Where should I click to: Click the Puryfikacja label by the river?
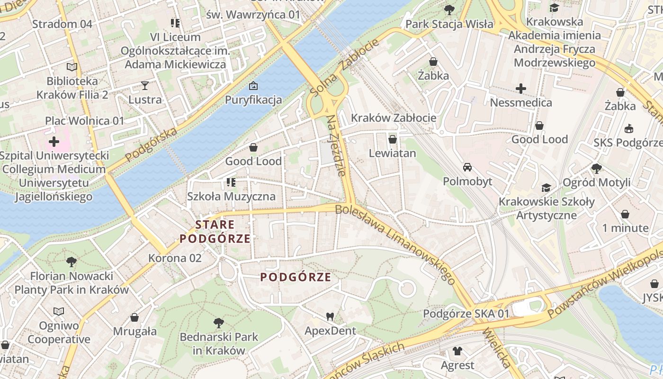pyautogui.click(x=253, y=100)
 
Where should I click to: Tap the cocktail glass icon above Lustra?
pyautogui.click(x=145, y=85)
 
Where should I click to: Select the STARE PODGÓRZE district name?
pyautogui.click(x=215, y=232)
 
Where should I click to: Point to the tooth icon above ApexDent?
pyautogui.click(x=330, y=316)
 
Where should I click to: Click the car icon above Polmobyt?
pyautogui.click(x=467, y=167)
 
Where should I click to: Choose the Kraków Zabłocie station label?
pyautogui.click(x=394, y=118)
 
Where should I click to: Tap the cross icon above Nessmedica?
pyautogui.click(x=521, y=89)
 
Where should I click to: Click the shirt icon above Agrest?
pyautogui.click(x=457, y=351)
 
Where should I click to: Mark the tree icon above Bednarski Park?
pyautogui.click(x=219, y=323)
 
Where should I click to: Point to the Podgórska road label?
pyautogui.click(x=152, y=144)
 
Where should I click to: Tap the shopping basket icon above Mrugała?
pyautogui.click(x=134, y=317)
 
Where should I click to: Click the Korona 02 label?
pyautogui.click(x=175, y=258)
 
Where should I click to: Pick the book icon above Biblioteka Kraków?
pyautogui.click(x=72, y=67)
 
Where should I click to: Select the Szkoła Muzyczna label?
pyautogui.click(x=231, y=196)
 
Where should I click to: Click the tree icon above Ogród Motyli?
pyautogui.click(x=596, y=168)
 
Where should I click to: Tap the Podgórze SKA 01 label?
pyautogui.click(x=466, y=314)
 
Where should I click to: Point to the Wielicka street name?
pyautogui.click(x=496, y=349)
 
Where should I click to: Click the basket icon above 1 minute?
pyautogui.click(x=625, y=214)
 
